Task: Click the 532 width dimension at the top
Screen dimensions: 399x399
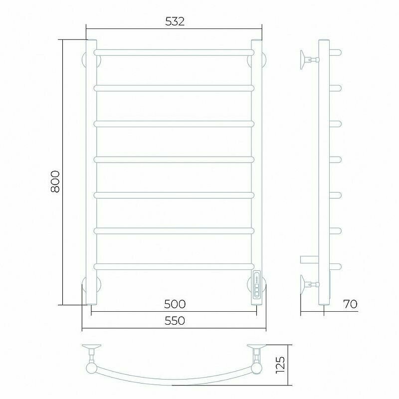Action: (175, 21)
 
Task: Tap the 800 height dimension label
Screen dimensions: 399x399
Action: (55, 182)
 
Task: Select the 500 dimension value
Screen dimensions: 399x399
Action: (175, 304)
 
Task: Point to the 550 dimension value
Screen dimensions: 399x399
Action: (175, 321)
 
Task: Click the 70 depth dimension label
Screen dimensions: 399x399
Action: (351, 304)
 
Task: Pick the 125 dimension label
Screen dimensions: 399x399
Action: (280, 365)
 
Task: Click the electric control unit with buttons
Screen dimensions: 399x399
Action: (257, 287)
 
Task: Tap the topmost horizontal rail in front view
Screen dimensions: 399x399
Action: (174, 53)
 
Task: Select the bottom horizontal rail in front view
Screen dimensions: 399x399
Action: (174, 266)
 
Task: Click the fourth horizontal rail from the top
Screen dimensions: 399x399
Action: (174, 160)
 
